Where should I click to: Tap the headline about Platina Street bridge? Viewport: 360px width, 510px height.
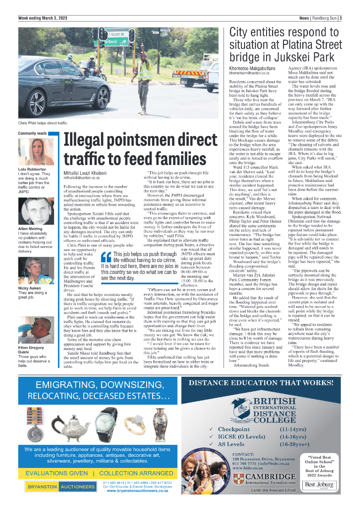pos(285,44)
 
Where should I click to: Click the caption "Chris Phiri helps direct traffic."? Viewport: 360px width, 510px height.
pos(43,123)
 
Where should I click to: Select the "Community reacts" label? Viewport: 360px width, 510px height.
pos(33,133)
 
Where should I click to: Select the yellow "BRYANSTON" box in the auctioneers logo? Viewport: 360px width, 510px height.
pos(42,487)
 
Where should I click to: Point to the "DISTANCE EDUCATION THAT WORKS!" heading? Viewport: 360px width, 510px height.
pos(265,381)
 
